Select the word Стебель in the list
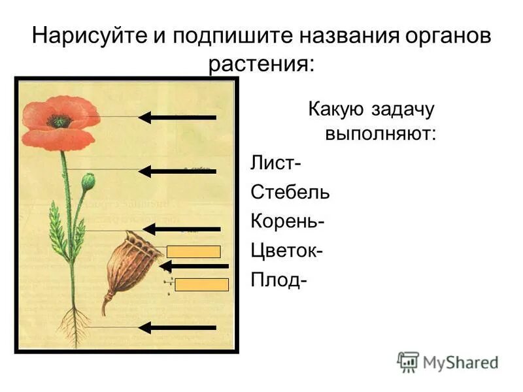pos(290,192)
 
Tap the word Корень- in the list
pos(288,221)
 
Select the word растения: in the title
pos(261,65)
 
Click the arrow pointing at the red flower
pos(177,118)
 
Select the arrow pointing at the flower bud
pos(177,171)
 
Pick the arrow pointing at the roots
pos(177,327)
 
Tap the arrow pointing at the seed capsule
pos(194,266)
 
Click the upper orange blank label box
pos(194,252)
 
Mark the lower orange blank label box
pos(202,284)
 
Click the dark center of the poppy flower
pos(59,121)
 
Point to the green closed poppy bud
pos(88,180)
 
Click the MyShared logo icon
pos(408,361)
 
